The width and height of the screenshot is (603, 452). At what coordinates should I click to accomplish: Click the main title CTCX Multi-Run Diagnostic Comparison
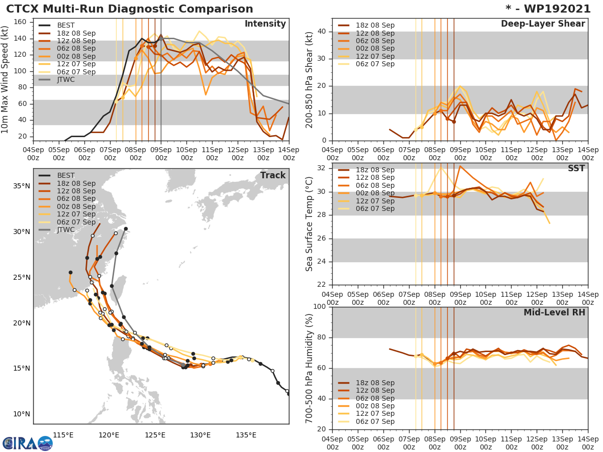point(130,9)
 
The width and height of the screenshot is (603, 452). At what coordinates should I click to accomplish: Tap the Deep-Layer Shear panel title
point(543,24)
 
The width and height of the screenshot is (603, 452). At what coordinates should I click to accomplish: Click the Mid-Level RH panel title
point(554,312)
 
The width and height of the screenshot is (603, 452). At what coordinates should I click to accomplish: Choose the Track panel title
point(273,175)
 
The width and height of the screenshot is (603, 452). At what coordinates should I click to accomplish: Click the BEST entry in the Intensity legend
point(66,26)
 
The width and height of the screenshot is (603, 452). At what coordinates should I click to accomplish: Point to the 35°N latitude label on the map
point(22,186)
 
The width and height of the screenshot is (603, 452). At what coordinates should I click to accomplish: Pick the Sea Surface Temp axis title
point(310,224)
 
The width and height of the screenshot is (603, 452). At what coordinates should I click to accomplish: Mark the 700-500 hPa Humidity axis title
point(310,368)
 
